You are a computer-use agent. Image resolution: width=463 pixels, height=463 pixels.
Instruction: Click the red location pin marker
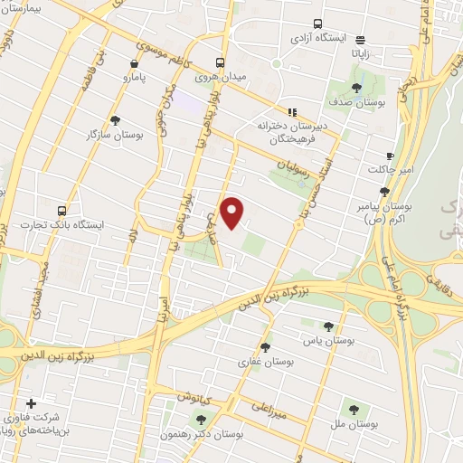pos(233,212)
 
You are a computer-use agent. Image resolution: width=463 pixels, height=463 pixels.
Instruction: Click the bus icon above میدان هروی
pos(220,62)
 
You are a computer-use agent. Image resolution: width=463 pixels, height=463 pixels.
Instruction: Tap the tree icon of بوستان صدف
pos(356,88)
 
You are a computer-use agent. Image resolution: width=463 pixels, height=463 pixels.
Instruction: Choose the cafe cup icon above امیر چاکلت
pos(390,156)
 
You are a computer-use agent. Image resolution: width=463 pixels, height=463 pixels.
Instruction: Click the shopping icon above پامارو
pos(134,64)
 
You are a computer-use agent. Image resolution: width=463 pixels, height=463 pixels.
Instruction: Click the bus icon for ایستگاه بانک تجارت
pos(61,210)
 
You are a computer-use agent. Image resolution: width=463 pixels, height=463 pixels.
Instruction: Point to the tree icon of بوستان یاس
pos(328,326)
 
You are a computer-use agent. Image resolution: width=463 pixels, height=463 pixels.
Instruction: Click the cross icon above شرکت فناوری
pos(32,403)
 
